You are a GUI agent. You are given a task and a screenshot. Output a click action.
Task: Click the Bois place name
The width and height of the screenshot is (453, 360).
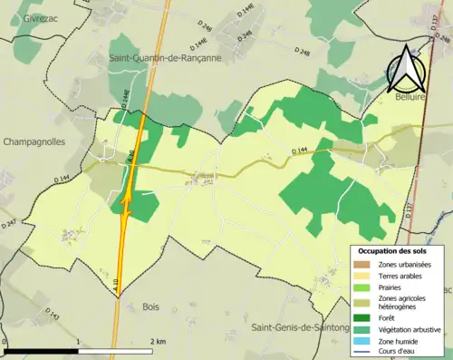(x=150, y=306)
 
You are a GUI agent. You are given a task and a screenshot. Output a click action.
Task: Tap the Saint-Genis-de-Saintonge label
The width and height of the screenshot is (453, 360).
(x=300, y=327)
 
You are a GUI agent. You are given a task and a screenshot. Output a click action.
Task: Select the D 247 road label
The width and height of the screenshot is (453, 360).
(x=9, y=222)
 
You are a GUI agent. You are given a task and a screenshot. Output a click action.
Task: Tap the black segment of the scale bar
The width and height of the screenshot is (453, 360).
(x=40, y=350)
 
